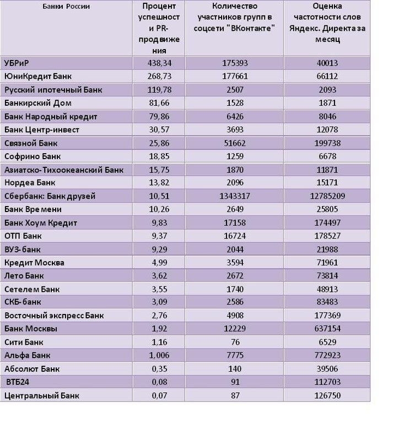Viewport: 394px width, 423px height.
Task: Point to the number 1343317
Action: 234,196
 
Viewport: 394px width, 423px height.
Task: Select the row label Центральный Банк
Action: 41,395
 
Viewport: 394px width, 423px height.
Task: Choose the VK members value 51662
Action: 234,143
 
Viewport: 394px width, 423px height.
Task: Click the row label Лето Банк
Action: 24,276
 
